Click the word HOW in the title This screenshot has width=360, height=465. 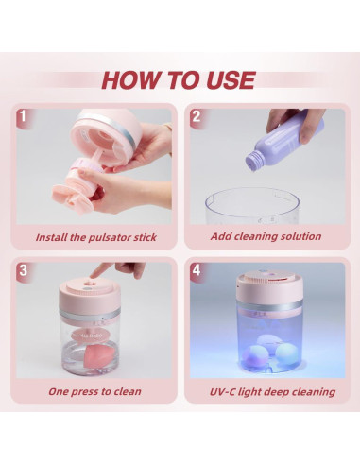click(131, 80)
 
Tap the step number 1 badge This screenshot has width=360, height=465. click(23, 116)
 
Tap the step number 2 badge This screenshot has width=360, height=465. click(197, 116)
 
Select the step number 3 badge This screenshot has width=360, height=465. click(23, 270)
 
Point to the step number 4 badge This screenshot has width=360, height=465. click(197, 270)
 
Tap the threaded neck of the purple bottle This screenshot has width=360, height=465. click(252, 161)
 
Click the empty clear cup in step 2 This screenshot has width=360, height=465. click(252, 206)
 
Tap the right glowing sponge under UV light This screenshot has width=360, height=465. click(286, 353)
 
